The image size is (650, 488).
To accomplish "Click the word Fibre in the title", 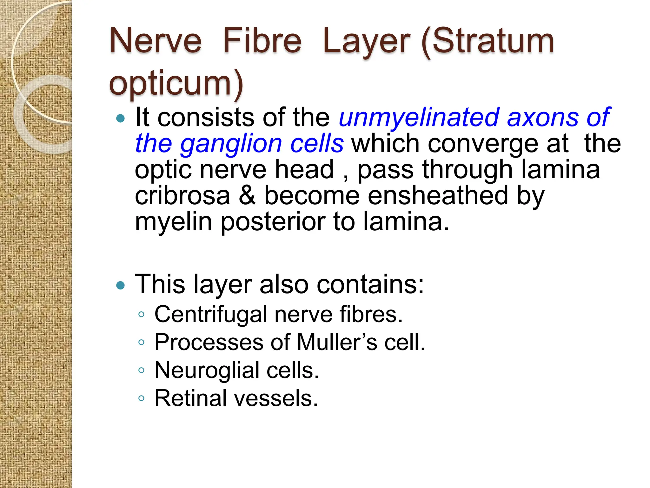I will tap(262, 41).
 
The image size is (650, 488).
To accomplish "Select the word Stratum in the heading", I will tap(493, 41).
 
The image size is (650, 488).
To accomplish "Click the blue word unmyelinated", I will tap(419, 118).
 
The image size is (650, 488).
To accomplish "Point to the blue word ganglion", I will tap(231, 144).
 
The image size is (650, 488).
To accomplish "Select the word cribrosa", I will tap(182, 196).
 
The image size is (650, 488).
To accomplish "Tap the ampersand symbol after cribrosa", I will tap(247, 196).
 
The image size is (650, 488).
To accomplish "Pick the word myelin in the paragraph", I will tap(173, 222).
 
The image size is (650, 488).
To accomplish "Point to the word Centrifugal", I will tap(211, 315).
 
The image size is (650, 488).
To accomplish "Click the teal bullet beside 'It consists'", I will tap(121, 119).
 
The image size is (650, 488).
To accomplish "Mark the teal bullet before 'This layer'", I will tap(121, 285).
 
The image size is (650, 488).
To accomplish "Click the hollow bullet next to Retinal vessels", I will tap(142, 398).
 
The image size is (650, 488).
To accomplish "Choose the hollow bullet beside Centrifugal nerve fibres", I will tap(142, 315).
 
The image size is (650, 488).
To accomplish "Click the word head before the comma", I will tap(304, 170).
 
